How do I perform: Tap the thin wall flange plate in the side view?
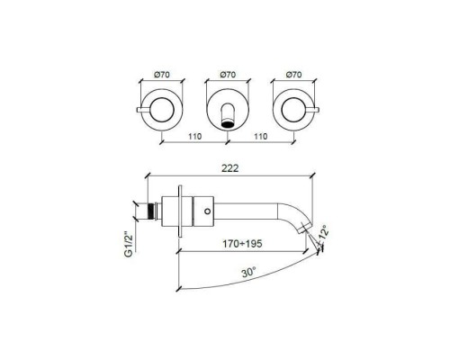184,214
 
